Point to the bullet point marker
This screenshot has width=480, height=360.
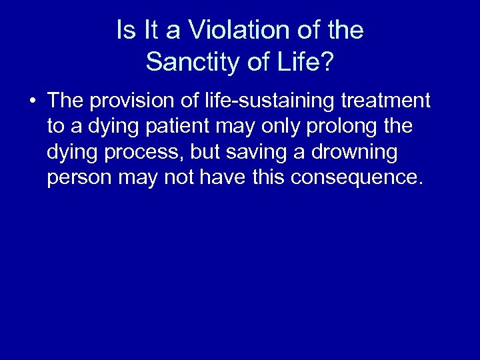(x=33, y=102)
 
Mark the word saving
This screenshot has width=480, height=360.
(x=261, y=153)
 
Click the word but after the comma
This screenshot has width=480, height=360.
(x=205, y=153)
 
